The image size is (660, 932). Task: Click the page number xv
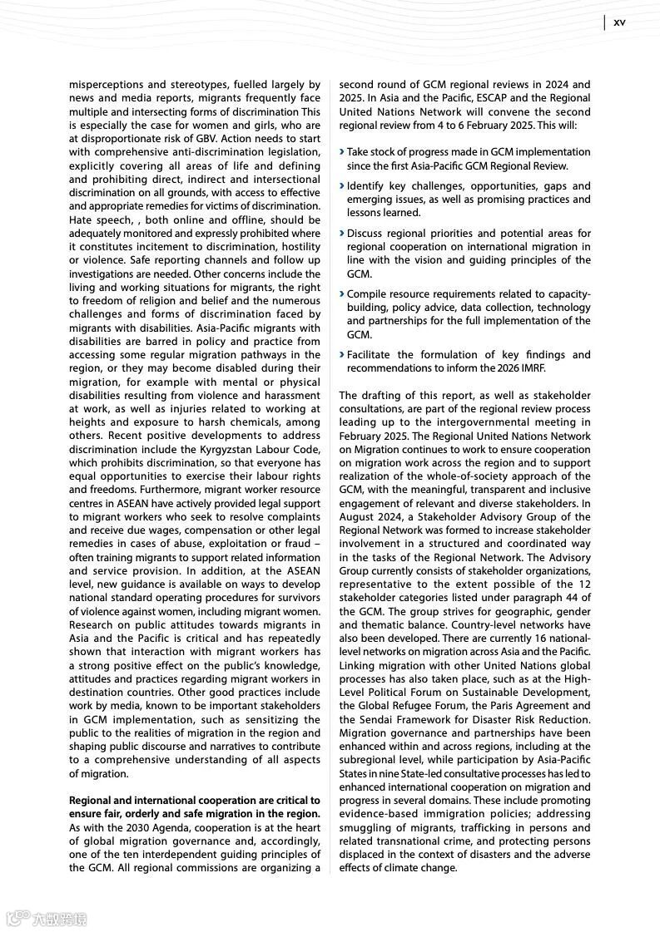(619, 22)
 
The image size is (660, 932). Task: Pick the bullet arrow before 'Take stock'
(342, 152)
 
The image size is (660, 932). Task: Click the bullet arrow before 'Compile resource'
(342, 294)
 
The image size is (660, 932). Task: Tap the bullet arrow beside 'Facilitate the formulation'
(342, 355)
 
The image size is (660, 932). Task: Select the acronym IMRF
(529, 368)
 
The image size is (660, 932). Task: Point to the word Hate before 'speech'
(82, 220)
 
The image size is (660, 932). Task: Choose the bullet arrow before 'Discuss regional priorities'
(342, 234)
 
